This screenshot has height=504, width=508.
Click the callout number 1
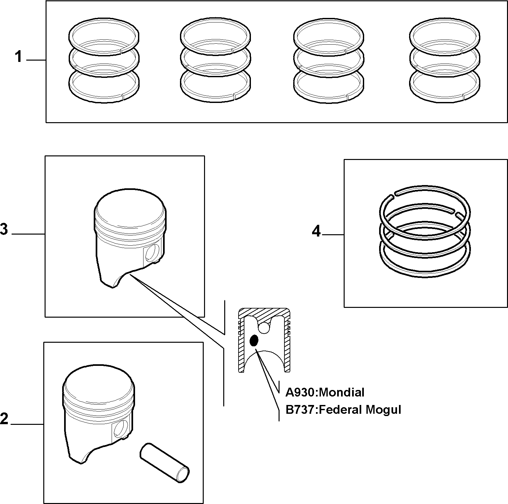click(x=19, y=57)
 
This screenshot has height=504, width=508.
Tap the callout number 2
click(x=4, y=419)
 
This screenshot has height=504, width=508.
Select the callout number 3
click(x=4, y=229)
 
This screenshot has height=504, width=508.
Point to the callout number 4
click(x=316, y=231)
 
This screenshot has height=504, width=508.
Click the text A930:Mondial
click(x=325, y=392)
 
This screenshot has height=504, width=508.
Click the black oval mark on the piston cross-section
click(x=254, y=341)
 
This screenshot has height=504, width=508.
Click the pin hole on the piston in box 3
click(x=152, y=252)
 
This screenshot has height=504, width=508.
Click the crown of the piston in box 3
click(x=130, y=208)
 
